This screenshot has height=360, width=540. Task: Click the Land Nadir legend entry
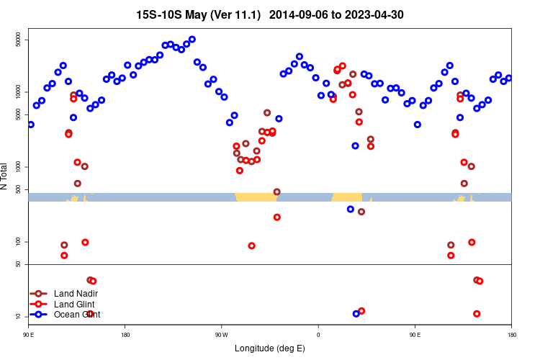point(76,294)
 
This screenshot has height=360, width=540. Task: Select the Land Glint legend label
point(75,304)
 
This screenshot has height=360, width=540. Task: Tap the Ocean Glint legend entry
point(76,314)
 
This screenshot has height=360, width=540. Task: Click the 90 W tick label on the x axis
point(221,334)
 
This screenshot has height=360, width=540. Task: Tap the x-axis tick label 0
point(318,334)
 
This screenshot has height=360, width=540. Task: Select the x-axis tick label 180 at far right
point(511,334)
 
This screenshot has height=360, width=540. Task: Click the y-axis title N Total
point(6,176)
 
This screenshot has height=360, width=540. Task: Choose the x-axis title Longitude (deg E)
point(270,348)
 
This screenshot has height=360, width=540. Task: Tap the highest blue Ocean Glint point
point(192,40)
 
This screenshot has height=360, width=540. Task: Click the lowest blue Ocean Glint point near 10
point(356,314)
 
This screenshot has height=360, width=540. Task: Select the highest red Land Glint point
point(343,66)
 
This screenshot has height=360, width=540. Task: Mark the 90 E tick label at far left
point(29,334)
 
